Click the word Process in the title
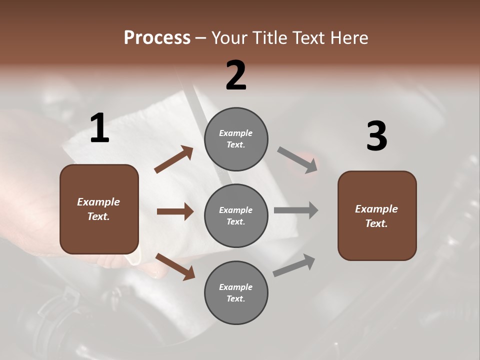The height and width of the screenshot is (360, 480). [x=157, y=38]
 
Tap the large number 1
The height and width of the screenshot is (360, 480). [x=99, y=128]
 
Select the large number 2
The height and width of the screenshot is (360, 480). [x=236, y=75]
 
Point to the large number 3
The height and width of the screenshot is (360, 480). [x=376, y=136]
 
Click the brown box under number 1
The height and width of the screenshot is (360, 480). [x=99, y=209]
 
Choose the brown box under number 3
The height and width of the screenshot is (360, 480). [x=377, y=215]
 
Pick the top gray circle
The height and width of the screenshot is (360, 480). [x=236, y=139]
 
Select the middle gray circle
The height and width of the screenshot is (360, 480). [x=236, y=215]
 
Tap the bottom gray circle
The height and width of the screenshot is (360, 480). [x=236, y=292]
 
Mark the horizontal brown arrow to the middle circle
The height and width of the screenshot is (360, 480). [x=175, y=211]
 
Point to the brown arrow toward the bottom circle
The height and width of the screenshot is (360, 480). [x=175, y=266]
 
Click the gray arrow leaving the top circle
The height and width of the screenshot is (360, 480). [x=297, y=160]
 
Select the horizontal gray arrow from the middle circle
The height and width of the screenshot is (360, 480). [x=296, y=210]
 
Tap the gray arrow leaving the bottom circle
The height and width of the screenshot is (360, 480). [x=294, y=265]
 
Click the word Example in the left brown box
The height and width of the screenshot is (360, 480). [x=98, y=202]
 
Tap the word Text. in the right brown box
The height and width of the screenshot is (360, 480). [x=376, y=223]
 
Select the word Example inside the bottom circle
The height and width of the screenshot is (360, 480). [x=236, y=287]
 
